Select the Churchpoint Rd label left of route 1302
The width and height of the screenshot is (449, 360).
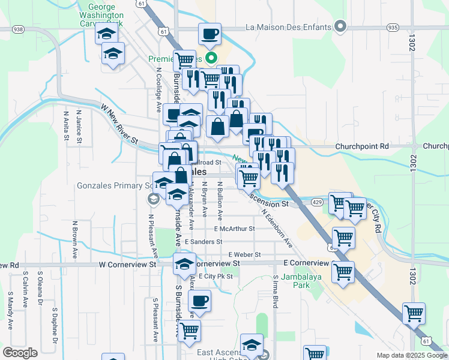[x=362, y=146]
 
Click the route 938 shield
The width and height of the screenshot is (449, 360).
[x=17, y=29]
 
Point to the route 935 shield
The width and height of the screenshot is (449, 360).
[x=393, y=28]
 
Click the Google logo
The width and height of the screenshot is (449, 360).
[x=20, y=353]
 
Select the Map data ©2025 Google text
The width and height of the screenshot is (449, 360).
[x=411, y=355]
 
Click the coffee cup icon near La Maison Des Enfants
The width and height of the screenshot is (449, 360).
[x=209, y=34]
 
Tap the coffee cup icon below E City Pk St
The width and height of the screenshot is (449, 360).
[x=199, y=301]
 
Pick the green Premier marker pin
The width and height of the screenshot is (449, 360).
[x=211, y=58]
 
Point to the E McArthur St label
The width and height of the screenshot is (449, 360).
[x=234, y=229]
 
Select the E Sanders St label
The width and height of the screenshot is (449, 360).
[x=203, y=242]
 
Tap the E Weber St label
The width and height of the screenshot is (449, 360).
[x=244, y=255]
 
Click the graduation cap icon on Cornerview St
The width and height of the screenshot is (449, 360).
[x=185, y=264]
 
